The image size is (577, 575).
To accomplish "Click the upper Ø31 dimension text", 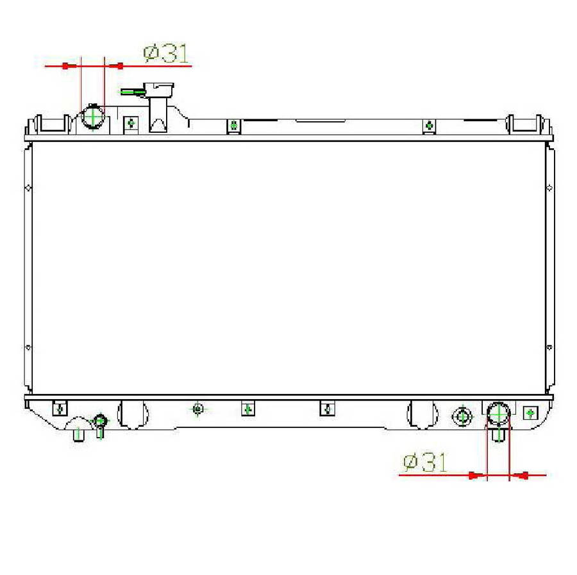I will coord(167,54).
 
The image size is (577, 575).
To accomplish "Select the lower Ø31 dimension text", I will coord(425,462).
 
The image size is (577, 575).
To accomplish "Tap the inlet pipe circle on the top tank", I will coord(94,117).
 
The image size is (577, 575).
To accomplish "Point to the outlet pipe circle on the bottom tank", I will coord(498,413).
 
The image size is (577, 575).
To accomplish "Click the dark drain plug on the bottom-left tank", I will coord(100,421).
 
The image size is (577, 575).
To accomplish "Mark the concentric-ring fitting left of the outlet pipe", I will coord(462,416).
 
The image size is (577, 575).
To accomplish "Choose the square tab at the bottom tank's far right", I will coord(530,412).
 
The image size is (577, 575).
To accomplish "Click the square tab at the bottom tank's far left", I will coord(59,408).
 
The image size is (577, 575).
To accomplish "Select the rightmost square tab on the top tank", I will coord(429,126).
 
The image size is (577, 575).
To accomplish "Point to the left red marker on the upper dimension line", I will coord(65,65).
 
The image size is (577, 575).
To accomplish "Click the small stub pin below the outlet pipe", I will coord(498,434).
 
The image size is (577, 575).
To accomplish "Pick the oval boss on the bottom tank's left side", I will coord(133,414).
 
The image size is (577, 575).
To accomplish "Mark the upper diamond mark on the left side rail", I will coord(28,188).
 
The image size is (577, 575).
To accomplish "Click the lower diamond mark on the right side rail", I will coord(549,348).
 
